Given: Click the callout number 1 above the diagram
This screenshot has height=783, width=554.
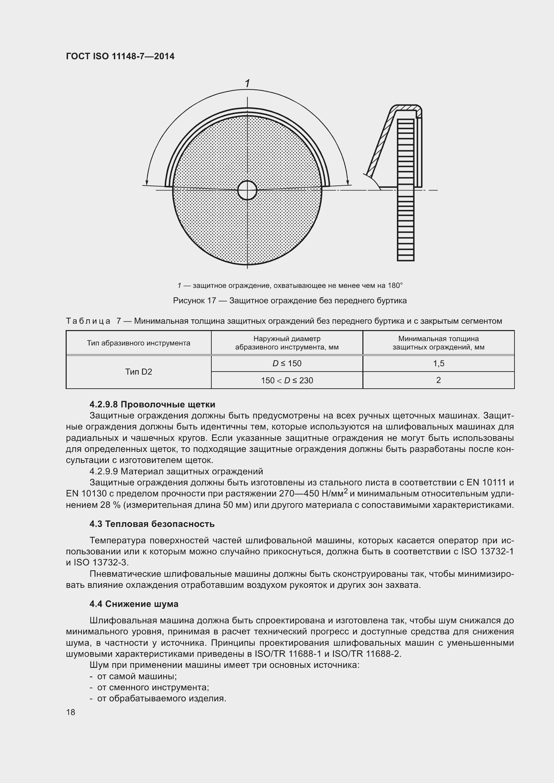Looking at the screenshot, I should coord(247,83).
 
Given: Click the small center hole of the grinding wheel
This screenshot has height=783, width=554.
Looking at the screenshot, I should coord(247,190).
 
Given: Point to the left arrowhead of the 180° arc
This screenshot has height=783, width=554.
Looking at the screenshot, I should coord(147,182).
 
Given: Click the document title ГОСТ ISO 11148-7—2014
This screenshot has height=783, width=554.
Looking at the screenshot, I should coord(120,56).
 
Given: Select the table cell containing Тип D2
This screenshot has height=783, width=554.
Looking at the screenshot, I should coord(139,372).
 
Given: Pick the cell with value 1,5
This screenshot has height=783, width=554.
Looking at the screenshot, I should coord(438,364).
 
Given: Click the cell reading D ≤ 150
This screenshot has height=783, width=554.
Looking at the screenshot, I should coord(287,364).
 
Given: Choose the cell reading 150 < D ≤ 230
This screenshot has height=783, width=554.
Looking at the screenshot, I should coord(287,380).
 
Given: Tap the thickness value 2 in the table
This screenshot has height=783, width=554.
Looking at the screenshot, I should coord(438,380).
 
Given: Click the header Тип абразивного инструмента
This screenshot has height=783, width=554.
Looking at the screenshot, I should coord(139,343).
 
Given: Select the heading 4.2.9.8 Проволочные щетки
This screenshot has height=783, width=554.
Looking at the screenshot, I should coord(152,404).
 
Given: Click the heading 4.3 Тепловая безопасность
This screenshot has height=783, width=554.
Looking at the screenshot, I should coord(152,524).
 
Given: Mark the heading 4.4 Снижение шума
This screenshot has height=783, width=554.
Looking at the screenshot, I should coord(134,604).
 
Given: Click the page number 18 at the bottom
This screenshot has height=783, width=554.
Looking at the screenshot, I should coord(71,712).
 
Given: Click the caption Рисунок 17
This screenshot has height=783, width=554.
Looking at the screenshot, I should coord(195,301).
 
